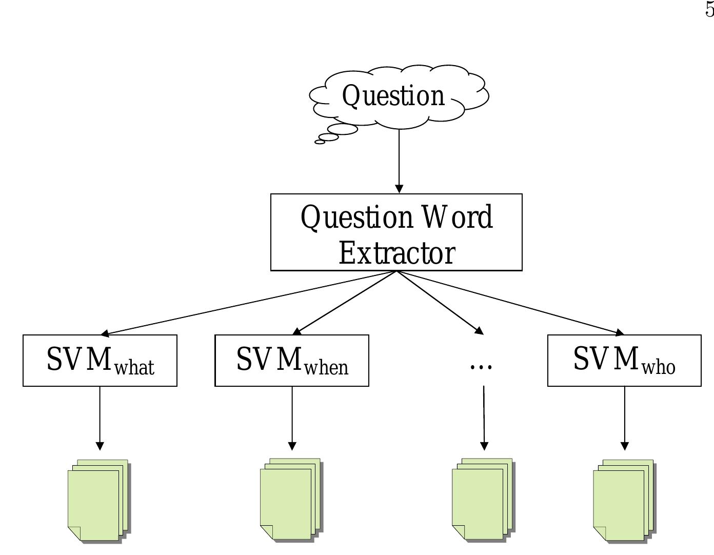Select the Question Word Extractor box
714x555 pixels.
396,232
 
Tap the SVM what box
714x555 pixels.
100,361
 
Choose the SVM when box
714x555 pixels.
292,361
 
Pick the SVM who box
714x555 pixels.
624,361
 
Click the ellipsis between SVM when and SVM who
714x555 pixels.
481,366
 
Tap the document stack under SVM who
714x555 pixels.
624,501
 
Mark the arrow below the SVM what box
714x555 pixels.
100,418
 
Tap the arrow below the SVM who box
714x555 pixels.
624,418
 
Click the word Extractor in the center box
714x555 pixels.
396,253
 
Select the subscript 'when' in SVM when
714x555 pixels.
326,368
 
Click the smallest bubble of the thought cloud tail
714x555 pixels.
320,142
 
